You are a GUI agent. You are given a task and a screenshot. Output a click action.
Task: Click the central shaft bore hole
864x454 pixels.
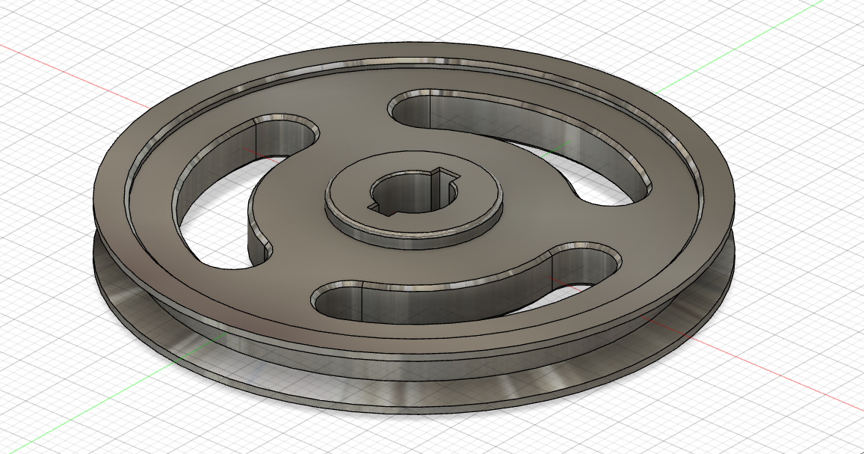click(409, 196)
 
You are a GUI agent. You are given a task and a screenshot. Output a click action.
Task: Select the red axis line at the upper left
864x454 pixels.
click(60, 67)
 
